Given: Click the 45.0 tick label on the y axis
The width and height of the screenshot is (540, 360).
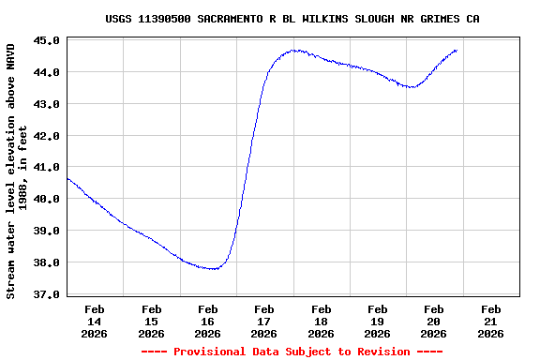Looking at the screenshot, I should [50, 40].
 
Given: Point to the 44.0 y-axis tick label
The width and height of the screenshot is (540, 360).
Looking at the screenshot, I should [50, 72].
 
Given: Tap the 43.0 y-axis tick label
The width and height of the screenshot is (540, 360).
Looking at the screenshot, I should [50, 104].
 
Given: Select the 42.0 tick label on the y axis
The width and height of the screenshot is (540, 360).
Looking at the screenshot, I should [50, 136].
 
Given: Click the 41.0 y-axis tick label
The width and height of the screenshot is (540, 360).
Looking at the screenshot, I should [50, 168].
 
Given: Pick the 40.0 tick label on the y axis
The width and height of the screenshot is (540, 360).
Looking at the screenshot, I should [50, 199].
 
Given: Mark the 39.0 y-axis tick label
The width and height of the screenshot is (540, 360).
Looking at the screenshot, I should [50, 231].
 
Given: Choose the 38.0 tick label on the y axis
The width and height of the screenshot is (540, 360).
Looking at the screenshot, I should [50, 262].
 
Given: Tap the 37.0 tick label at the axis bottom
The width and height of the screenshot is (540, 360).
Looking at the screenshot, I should [50, 294].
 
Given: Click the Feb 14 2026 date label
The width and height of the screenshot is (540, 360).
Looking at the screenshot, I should [95, 321].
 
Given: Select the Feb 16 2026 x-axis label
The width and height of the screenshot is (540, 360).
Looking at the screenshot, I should [207, 321].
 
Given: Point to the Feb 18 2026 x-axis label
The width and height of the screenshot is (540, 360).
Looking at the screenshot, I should [321, 321].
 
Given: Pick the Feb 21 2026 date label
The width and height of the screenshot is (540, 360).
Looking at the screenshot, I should [489, 321].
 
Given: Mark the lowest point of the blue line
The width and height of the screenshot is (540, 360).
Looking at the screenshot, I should [214, 269].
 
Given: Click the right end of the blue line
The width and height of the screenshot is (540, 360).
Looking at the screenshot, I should [457, 50].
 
